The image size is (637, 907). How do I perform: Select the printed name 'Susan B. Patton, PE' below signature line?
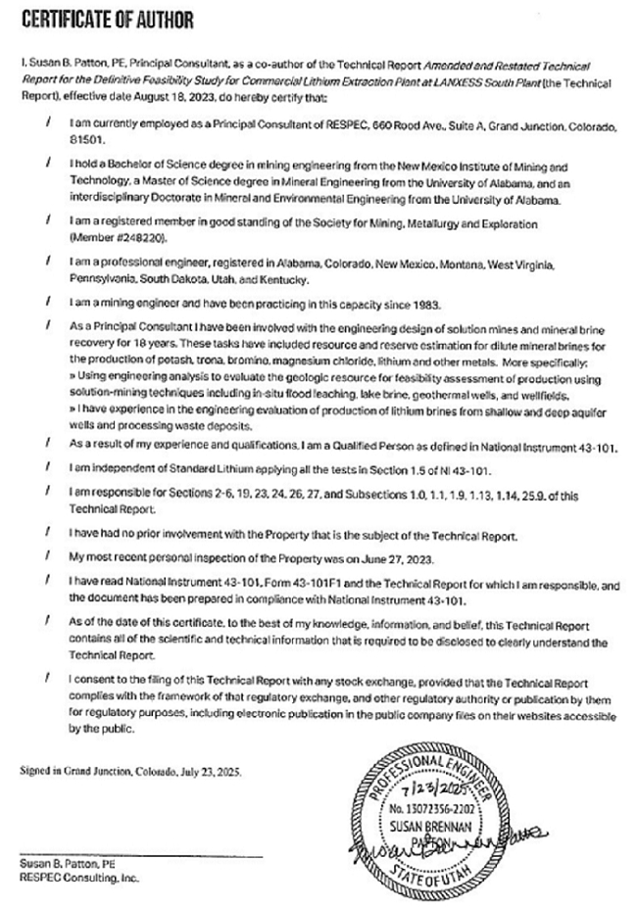(x=64, y=866)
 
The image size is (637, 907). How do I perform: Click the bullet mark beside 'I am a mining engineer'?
(x=49, y=303)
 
